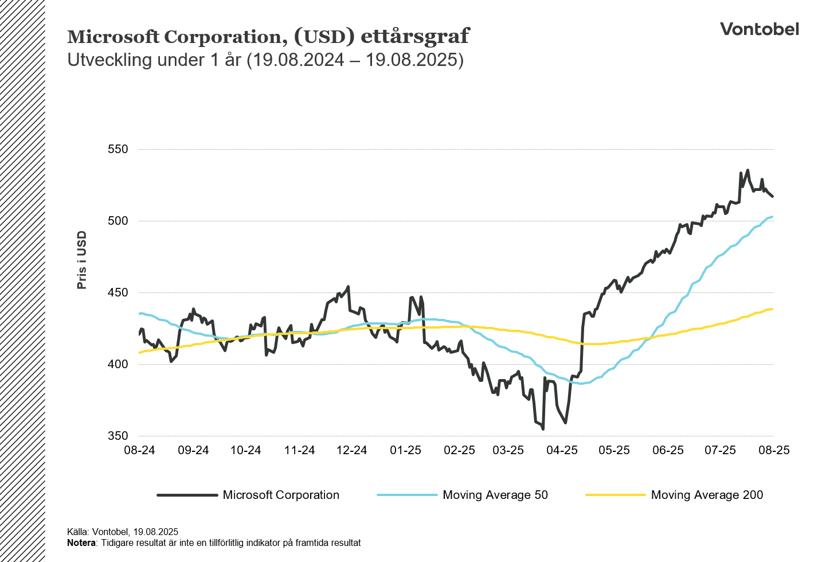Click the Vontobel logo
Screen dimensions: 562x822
(x=759, y=29)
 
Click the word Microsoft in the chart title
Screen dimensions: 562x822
(x=113, y=37)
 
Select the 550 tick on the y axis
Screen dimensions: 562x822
(x=118, y=149)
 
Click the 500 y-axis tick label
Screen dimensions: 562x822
(x=118, y=221)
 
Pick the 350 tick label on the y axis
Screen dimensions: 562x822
(x=118, y=436)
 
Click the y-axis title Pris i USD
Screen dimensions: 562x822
(x=82, y=260)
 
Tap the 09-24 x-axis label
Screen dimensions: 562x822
(x=193, y=450)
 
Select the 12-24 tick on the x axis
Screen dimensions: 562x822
(x=351, y=450)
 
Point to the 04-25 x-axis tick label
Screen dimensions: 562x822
(x=562, y=450)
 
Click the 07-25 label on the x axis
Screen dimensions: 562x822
(x=720, y=450)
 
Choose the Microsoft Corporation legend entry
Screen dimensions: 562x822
(x=281, y=495)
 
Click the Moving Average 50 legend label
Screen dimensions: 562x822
(x=495, y=495)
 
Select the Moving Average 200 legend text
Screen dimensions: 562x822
(x=707, y=495)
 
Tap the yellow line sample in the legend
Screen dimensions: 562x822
(x=616, y=495)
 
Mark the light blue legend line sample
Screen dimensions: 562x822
(x=407, y=495)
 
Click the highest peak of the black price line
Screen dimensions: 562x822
(x=747, y=170)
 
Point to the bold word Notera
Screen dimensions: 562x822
(x=81, y=543)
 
